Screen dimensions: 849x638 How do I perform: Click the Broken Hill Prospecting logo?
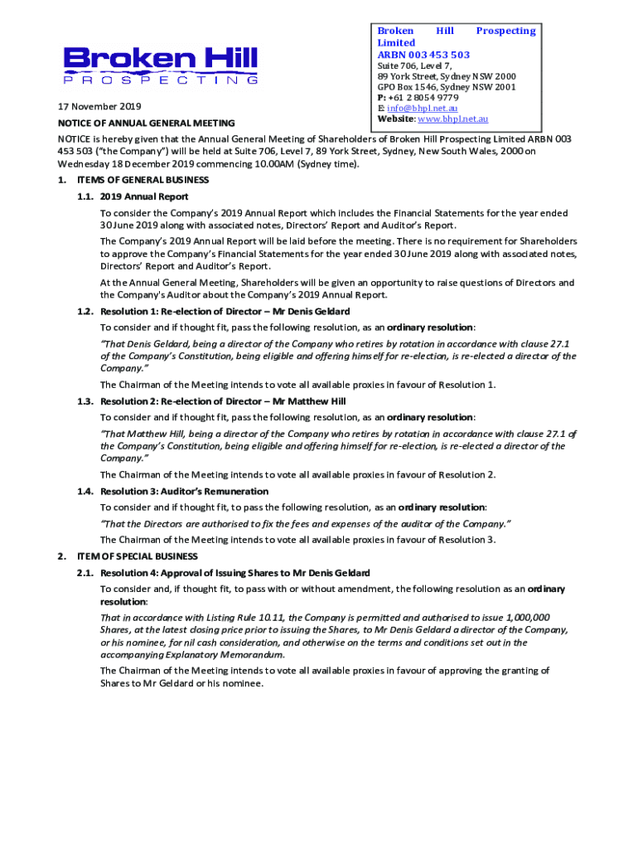pyautogui.click(x=161, y=65)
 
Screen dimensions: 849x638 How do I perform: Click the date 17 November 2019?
pyautogui.click(x=99, y=107)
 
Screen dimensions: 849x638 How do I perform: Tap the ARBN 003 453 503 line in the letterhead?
pyautogui.click(x=423, y=55)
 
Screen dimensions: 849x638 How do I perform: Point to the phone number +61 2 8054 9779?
pyautogui.click(x=423, y=98)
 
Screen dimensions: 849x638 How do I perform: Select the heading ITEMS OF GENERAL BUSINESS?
pyautogui.click(x=143, y=180)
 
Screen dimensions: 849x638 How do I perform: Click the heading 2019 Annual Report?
pyautogui.click(x=144, y=196)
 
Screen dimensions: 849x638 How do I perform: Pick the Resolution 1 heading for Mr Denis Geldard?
pyautogui.click(x=225, y=311)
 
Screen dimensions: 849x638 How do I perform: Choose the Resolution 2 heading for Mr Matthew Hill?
pyautogui.click(x=223, y=401)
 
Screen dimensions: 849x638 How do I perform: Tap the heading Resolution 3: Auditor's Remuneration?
pyautogui.click(x=184, y=491)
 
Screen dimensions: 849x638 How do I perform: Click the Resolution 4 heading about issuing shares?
pyautogui.click(x=234, y=573)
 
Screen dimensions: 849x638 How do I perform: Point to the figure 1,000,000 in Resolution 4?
pyautogui.click(x=526, y=617)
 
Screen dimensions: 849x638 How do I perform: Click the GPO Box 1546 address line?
pyautogui.click(x=447, y=87)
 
